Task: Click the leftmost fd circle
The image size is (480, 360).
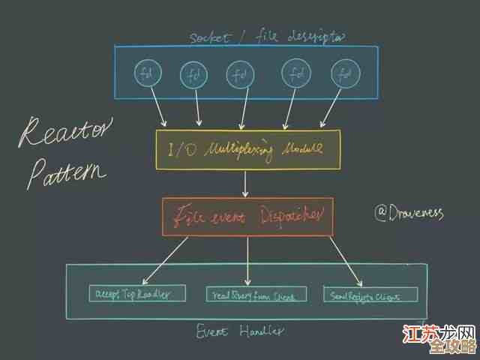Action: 145,73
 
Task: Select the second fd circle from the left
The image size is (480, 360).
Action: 193,74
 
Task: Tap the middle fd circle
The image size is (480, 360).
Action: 238,74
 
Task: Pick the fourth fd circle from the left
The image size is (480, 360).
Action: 296,73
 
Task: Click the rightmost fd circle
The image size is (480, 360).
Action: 344,74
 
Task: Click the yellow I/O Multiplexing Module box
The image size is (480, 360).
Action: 247,148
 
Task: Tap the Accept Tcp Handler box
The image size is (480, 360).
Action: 138,294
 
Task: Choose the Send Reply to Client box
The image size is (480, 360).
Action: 361,295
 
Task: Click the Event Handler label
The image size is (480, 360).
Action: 240,331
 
